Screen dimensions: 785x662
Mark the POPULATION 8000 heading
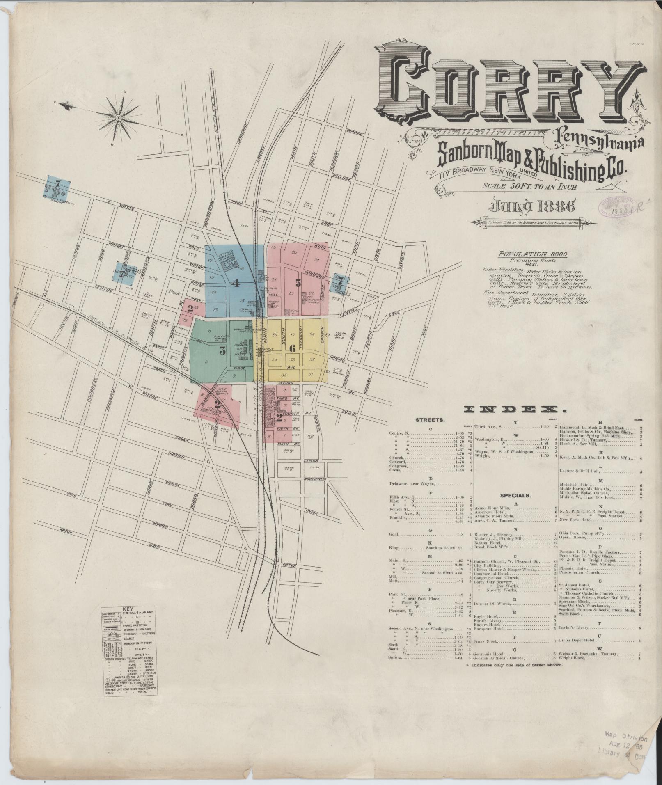tap(532, 254)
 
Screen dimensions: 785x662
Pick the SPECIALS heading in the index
tap(515, 495)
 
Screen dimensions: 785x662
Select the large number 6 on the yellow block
tap(292, 348)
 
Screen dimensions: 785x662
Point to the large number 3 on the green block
tap(222, 350)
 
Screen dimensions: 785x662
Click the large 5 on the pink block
tap(298, 283)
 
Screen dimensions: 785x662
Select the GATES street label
tap(289, 566)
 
